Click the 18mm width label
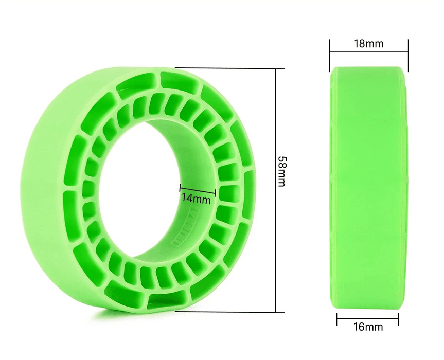tap(368, 44)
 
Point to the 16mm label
tap(368, 327)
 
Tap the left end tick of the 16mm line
tap(337, 319)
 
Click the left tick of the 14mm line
tap(180, 190)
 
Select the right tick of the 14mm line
tap(215, 190)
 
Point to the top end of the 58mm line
tap(277, 69)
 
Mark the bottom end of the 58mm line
tap(277, 312)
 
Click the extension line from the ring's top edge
tap(226, 68)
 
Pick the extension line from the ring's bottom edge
tap(226, 312)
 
